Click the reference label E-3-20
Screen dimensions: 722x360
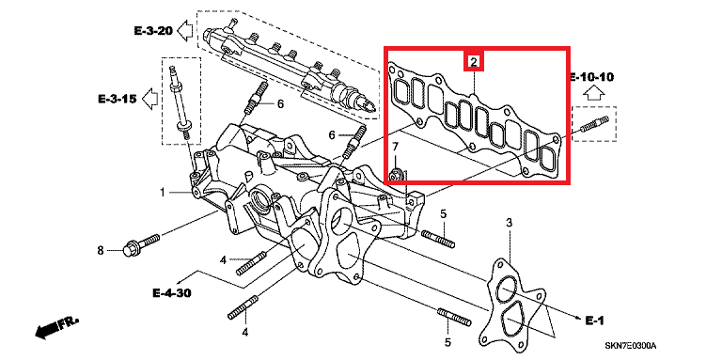click(153, 31)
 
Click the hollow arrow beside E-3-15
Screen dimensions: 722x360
click(150, 98)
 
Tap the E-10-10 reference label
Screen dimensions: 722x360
click(592, 77)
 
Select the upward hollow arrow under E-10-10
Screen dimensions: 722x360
click(593, 93)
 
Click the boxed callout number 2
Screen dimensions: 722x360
click(474, 61)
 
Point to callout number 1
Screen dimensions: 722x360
click(163, 192)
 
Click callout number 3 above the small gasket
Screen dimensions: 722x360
click(510, 224)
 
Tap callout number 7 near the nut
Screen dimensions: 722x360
click(395, 147)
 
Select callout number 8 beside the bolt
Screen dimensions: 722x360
click(101, 250)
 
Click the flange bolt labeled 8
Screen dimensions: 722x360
click(141, 244)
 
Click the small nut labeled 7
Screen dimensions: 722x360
click(397, 174)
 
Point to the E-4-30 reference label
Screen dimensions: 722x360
click(172, 292)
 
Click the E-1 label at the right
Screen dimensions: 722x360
click(594, 321)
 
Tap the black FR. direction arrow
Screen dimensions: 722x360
click(57, 327)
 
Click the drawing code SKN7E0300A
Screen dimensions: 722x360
click(630, 345)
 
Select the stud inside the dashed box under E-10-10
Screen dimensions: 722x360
click(595, 124)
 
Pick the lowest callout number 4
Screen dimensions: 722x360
click(244, 332)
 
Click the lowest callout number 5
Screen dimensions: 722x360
click(448, 342)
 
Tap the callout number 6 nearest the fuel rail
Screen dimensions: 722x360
click(280, 104)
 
